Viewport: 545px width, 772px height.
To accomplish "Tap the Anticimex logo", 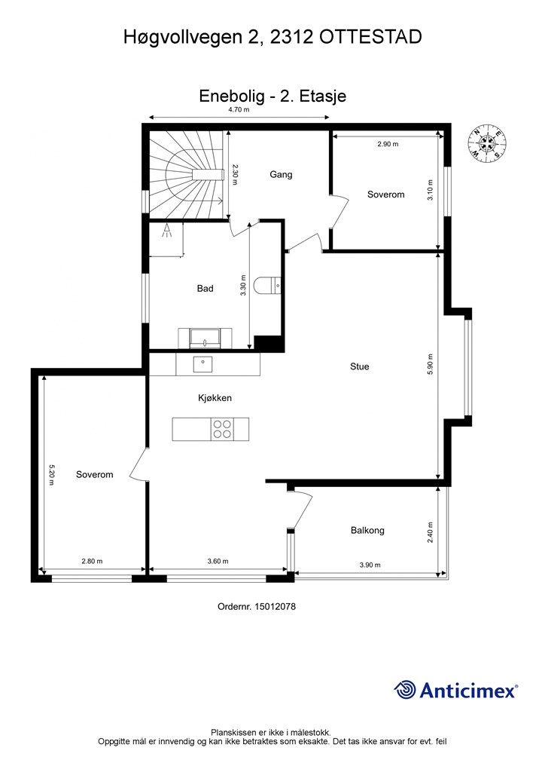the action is tap(455, 690).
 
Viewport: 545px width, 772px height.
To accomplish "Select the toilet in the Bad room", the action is tap(268, 285).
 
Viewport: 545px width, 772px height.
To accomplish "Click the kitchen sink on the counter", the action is tap(202, 364).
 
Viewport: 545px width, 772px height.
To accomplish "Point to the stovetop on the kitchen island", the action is tap(223, 429).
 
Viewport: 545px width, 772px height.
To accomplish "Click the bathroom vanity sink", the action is tap(206, 338).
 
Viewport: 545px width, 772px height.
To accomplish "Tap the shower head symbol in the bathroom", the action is tap(167, 231).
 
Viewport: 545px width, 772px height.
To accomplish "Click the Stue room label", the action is tap(359, 366).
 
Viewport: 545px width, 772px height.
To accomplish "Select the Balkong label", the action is tap(367, 530).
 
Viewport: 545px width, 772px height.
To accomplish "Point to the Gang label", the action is tap(281, 174).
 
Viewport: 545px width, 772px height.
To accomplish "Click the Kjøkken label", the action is tap(215, 398).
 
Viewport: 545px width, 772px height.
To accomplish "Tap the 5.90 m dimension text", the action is tap(431, 365).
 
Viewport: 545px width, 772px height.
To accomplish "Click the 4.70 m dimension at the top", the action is tap(239, 110).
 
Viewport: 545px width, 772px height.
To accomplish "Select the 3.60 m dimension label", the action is tap(218, 561).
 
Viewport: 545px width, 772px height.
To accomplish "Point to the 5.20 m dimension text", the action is tap(52, 475).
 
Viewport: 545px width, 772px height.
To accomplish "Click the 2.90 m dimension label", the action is tap(388, 144).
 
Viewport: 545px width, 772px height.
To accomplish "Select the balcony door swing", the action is tap(301, 511).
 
